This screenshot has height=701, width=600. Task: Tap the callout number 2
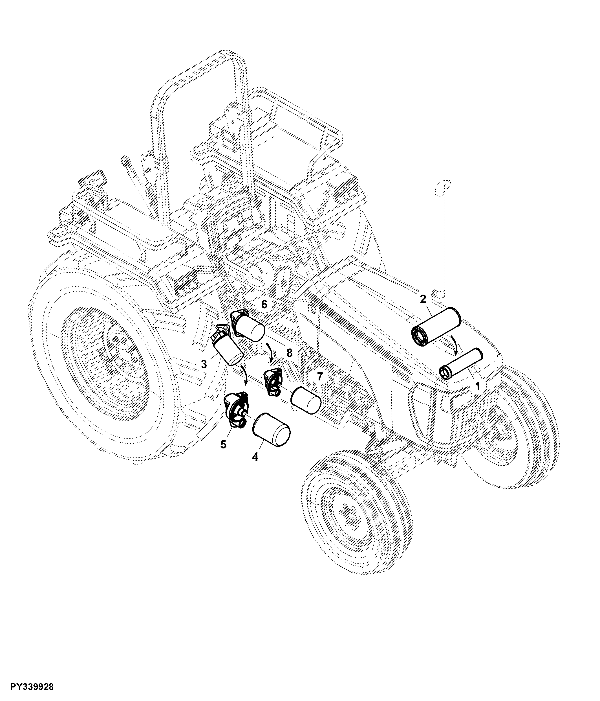423,299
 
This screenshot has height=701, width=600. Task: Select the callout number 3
204,364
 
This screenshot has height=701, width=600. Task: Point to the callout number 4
255,457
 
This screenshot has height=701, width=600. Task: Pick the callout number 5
223,444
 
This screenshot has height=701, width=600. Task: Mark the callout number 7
320,376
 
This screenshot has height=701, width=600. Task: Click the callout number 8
289,353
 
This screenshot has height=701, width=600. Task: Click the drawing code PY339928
32,687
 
